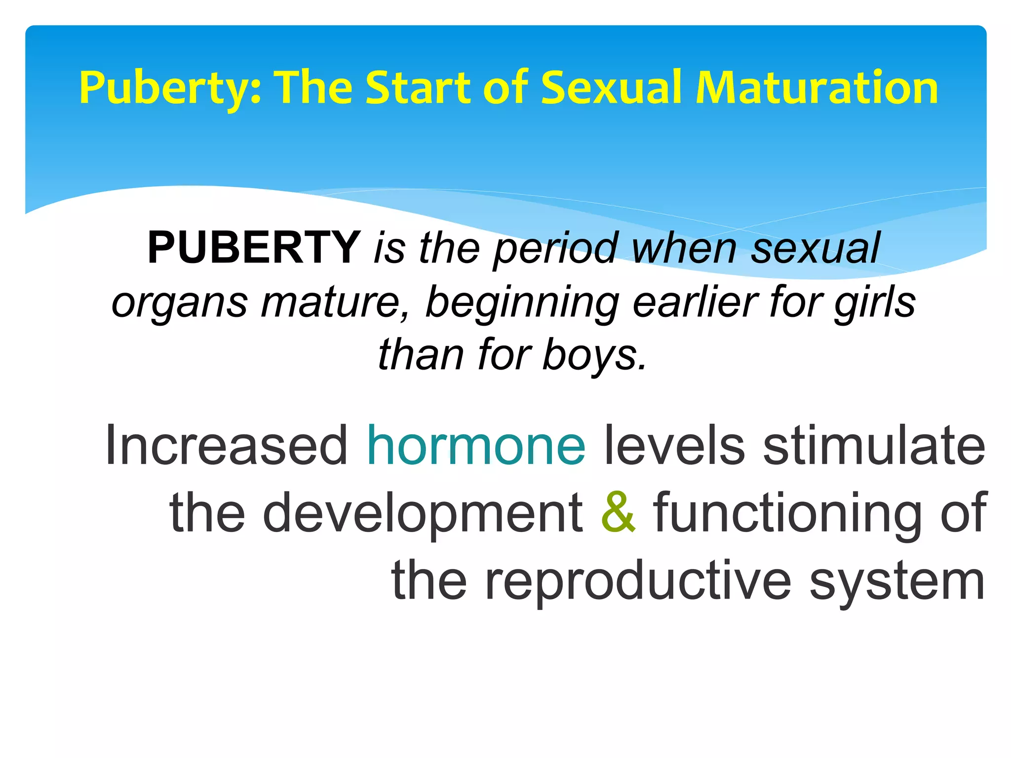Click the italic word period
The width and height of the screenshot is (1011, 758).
click(555, 249)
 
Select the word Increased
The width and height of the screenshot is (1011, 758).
click(227, 446)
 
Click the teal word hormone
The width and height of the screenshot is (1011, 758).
click(476, 446)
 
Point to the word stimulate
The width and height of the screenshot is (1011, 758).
click(874, 446)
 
